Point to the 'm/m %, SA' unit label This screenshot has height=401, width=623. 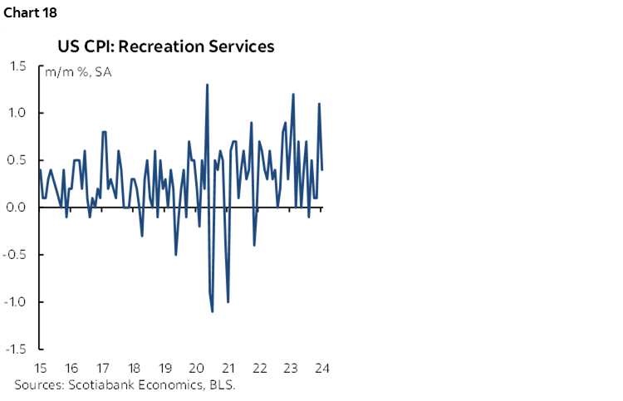[79, 71]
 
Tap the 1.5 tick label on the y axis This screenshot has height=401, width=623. [18, 66]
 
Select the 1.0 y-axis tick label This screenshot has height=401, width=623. [18, 113]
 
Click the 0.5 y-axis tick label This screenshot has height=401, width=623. [18, 160]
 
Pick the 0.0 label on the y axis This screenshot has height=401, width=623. [18, 208]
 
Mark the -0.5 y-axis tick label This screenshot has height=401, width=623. [17, 254]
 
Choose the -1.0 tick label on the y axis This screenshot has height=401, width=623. [17, 301]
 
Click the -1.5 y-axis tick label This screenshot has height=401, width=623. [17, 349]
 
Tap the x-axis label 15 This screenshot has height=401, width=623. [40, 369]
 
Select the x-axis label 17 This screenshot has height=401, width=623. [103, 369]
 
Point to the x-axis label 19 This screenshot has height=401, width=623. [165, 369]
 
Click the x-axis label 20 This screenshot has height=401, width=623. [197, 369]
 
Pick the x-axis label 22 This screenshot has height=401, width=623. [259, 369]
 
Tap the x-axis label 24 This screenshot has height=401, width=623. [322, 369]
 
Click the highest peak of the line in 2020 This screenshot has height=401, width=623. [207, 85]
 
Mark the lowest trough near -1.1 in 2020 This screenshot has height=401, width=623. [213, 311]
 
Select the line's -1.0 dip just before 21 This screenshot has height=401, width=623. [228, 301]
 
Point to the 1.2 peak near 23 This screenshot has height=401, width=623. [293, 94]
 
